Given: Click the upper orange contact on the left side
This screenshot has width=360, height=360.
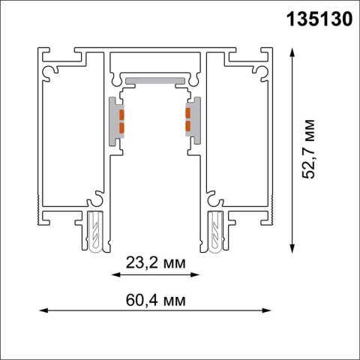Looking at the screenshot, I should [x=121, y=113].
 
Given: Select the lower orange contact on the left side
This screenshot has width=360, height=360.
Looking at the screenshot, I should [x=121, y=125].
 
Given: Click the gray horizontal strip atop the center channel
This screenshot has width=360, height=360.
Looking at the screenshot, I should [x=154, y=78].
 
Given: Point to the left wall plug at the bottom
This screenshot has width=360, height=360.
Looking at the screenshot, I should [x=96, y=232].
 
